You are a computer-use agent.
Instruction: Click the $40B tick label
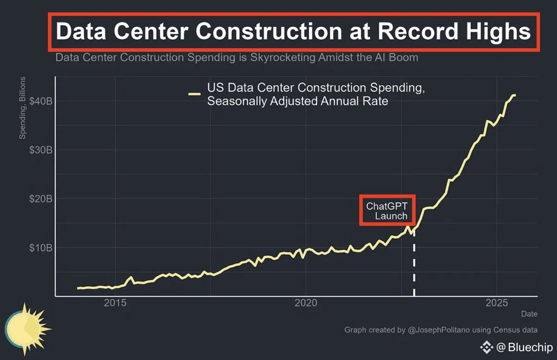point(41,101)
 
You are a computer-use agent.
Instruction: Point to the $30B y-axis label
point(41,150)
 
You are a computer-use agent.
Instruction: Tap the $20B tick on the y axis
point(41,199)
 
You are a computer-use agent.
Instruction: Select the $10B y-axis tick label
point(41,248)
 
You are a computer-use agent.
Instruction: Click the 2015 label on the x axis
point(115,303)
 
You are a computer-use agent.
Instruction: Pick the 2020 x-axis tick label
point(306,303)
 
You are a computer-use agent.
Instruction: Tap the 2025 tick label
point(497,303)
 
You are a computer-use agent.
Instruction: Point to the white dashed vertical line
point(414,265)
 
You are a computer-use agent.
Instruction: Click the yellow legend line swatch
point(195,94)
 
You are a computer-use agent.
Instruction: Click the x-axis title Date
point(529,314)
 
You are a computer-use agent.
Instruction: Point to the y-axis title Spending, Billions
point(23,108)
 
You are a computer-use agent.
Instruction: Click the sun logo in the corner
point(27,326)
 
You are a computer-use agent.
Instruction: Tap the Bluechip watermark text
point(530,348)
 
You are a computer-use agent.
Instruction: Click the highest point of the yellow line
point(514,95)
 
